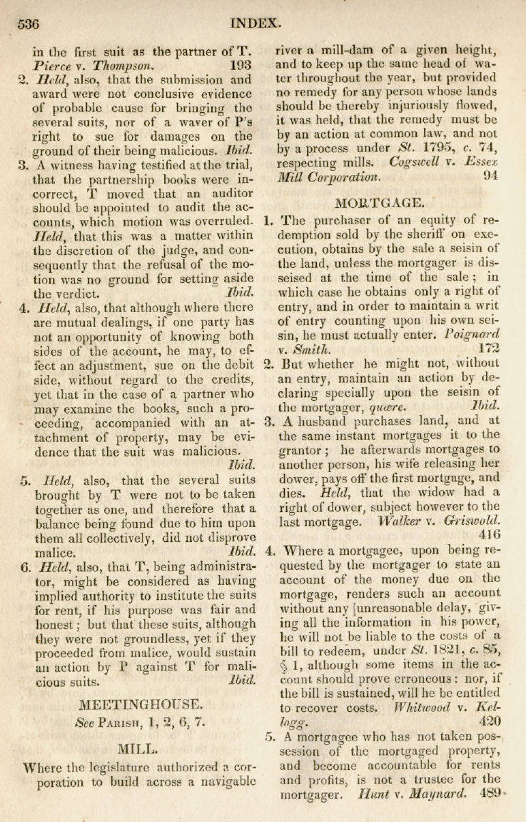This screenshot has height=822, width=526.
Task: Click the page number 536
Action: click(29, 23)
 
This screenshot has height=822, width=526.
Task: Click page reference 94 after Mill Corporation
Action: click(490, 176)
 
